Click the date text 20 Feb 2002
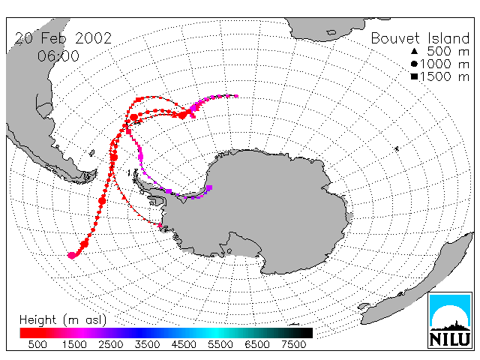click(63, 38)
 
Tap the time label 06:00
click(58, 56)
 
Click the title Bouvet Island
click(420, 38)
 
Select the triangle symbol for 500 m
click(414, 51)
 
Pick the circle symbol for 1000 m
click(414, 64)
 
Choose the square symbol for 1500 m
click(414, 76)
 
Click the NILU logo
click(450, 320)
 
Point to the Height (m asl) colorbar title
click(63, 320)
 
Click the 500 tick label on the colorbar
click(37, 344)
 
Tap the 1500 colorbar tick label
click(74, 344)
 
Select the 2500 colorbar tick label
click(111, 344)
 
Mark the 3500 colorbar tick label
click(147, 344)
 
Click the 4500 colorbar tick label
click(184, 344)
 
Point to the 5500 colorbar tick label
click(220, 344)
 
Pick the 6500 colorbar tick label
click(256, 344)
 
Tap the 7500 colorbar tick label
click(293, 344)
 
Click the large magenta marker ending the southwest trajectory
click(72, 255)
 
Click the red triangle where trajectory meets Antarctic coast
click(160, 225)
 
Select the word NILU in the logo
click(450, 339)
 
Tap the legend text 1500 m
click(445, 76)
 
